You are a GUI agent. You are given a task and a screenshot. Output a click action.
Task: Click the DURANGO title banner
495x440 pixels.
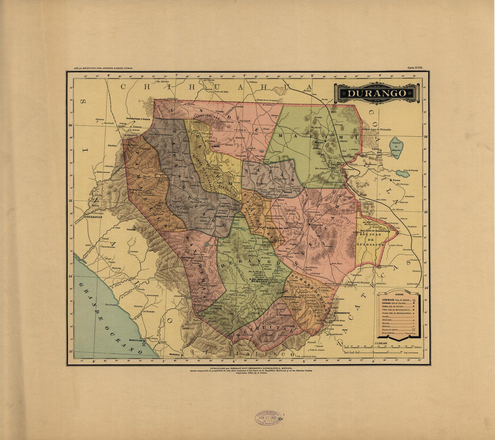(377, 93)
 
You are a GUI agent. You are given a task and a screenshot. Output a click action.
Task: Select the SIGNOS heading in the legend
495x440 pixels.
(399, 294)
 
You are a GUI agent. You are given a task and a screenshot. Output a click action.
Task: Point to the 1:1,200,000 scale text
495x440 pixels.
(381, 343)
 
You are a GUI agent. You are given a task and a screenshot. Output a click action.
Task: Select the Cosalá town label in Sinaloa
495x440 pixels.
(131, 230)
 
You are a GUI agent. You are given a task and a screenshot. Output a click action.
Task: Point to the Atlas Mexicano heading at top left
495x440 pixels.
(101, 68)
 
